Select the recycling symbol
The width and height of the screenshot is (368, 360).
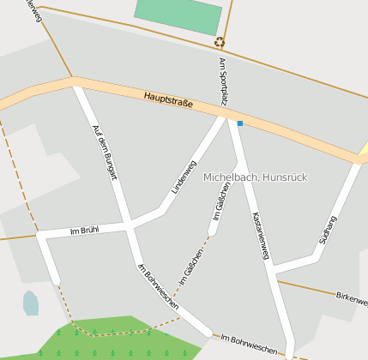point(220,41)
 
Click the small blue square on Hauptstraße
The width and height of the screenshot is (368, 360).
point(240,123)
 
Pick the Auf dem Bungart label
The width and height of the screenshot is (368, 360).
point(104,153)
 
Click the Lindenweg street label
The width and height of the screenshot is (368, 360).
point(184,177)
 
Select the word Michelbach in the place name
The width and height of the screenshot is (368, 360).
point(229,177)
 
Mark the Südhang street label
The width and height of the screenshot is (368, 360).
point(328,230)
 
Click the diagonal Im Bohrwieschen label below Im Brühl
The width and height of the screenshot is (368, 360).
point(158,286)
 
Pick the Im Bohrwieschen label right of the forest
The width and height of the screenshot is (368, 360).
point(249,344)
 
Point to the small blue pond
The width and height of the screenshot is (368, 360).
point(31,303)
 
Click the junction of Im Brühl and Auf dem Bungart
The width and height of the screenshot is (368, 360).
point(129,225)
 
